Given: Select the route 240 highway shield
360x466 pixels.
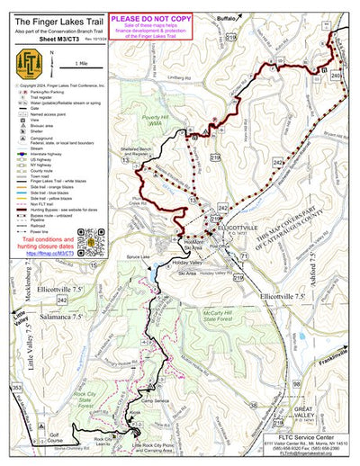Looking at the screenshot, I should pos(337,76).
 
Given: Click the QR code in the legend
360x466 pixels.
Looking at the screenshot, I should pos(92,241).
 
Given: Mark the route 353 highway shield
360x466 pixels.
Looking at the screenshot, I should pos(15,387).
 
